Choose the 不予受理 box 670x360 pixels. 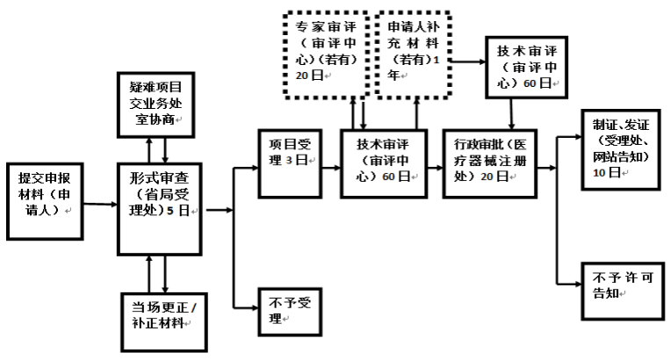click(x=286, y=309)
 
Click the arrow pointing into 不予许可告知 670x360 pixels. click(x=570, y=283)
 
